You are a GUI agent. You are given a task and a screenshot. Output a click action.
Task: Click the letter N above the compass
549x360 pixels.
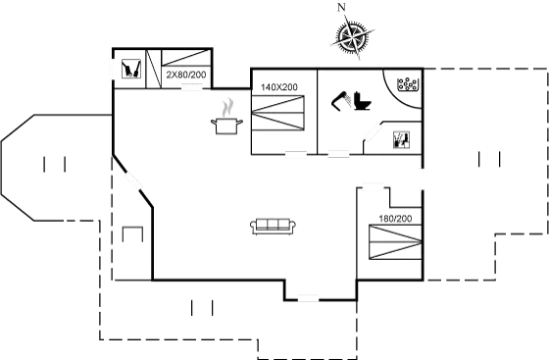pyautogui.click(x=341, y=8)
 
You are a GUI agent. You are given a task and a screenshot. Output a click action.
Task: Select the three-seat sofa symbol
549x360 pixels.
pyautogui.click(x=274, y=226)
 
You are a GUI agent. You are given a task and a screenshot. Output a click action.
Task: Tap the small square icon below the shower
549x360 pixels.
pyautogui.click(x=400, y=138)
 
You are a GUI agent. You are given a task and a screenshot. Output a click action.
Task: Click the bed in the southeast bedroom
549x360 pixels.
pyautogui.click(x=395, y=241)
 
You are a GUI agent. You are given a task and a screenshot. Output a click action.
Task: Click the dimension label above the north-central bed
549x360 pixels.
pyautogui.click(x=278, y=87)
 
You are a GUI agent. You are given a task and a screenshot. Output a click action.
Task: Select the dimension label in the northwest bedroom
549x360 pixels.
pyautogui.click(x=184, y=74)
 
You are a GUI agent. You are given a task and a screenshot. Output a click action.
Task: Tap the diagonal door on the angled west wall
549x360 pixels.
pyautogui.click(x=134, y=182)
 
